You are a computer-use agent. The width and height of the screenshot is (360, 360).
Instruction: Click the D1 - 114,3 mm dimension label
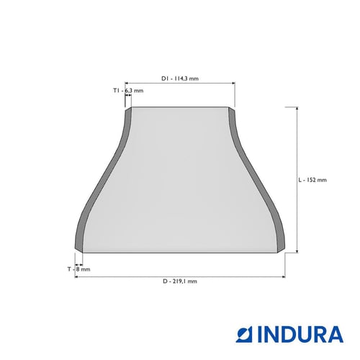point(180,78)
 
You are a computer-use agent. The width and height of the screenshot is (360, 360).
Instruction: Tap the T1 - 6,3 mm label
point(128,91)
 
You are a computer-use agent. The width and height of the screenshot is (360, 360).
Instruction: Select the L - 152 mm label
point(312,180)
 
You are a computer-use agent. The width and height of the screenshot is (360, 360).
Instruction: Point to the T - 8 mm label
point(78,269)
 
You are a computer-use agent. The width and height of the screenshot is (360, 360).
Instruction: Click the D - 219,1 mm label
point(180,281)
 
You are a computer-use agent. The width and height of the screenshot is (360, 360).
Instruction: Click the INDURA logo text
point(300,334)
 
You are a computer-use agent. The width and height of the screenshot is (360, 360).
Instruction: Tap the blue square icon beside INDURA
point(244,334)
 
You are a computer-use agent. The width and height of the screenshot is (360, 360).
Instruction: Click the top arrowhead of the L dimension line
point(297,109)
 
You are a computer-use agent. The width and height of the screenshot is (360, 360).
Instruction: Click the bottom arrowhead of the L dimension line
point(297,251)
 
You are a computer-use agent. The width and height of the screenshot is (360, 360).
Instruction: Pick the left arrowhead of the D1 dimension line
point(127,83)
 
